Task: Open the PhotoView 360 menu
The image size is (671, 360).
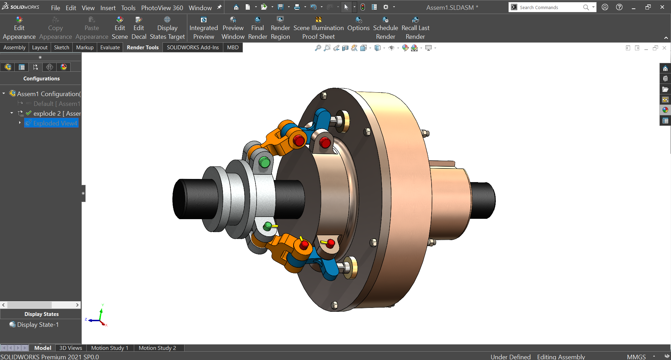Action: click(162, 8)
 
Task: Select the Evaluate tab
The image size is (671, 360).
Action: click(110, 48)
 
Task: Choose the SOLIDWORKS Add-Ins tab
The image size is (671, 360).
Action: click(193, 48)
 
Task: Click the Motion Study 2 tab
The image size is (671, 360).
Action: click(157, 348)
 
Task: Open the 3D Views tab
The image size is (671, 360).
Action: click(71, 348)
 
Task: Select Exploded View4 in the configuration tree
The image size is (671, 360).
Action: click(55, 123)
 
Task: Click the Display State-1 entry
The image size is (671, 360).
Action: click(38, 325)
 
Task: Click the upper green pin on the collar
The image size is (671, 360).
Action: click(265, 163)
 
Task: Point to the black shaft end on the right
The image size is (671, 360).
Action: click(484, 200)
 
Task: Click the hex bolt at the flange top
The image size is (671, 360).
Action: click(324, 95)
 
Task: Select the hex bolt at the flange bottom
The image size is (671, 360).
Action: click(334, 305)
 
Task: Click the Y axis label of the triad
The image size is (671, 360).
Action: click(103, 305)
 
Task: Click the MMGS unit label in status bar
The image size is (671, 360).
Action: click(636, 357)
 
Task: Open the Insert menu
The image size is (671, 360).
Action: click(108, 8)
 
